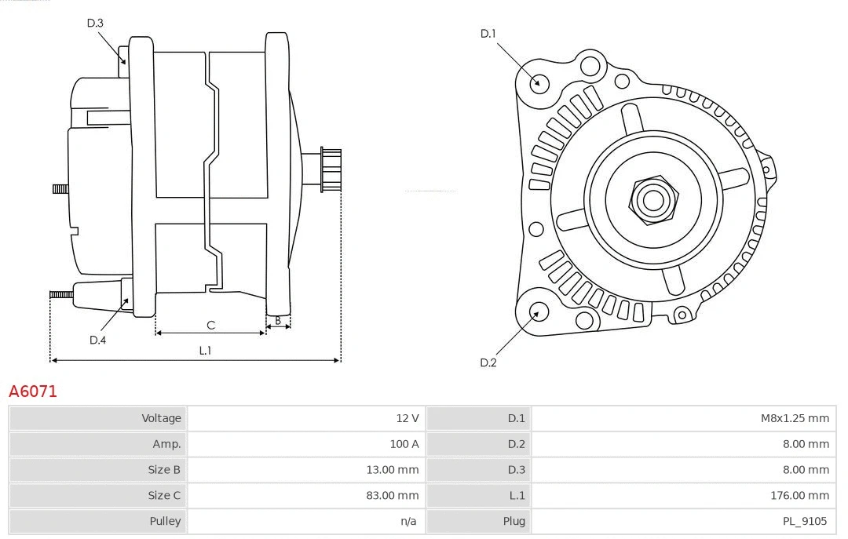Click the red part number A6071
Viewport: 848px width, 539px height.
click(33, 391)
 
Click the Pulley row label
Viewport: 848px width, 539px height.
click(165, 521)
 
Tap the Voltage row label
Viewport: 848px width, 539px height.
click(161, 418)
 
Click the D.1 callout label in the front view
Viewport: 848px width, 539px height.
click(488, 34)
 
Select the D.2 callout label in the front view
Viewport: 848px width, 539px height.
click(488, 362)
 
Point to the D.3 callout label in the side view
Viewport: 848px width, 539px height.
click(95, 23)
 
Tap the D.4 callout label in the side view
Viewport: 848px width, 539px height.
click(97, 340)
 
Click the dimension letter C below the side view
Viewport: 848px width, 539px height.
click(210, 325)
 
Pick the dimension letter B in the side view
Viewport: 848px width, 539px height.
click(278, 320)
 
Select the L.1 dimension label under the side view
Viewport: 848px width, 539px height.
click(205, 351)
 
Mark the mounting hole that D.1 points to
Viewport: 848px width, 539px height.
click(539, 82)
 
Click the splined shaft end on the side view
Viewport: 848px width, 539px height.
click(330, 169)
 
